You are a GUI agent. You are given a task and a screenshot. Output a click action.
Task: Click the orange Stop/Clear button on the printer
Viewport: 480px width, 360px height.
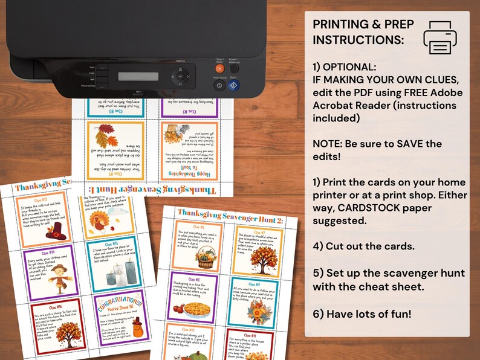click(219, 69)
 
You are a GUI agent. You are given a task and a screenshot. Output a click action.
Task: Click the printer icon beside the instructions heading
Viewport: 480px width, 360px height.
click(444, 37)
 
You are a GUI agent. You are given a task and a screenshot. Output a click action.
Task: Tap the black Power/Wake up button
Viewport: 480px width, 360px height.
click(235, 69)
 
